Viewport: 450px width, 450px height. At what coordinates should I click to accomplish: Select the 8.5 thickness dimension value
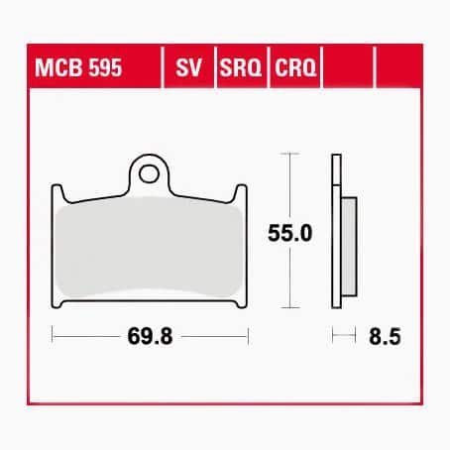coord(380,337)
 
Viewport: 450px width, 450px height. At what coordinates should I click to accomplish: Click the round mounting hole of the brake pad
coord(150,175)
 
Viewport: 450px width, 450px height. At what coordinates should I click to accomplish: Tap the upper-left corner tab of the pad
coord(59,192)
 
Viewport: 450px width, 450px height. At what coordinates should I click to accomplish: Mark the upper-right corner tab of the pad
coord(239,192)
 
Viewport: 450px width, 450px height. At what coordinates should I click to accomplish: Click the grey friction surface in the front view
coord(149,248)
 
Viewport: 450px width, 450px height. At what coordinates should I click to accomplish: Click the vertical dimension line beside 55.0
coord(288,198)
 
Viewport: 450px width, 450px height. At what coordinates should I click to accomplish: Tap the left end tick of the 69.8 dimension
coord(52,337)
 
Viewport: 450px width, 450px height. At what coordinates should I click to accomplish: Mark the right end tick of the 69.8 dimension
coord(248,337)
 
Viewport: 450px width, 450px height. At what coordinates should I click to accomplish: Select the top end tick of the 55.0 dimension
coord(288,155)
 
